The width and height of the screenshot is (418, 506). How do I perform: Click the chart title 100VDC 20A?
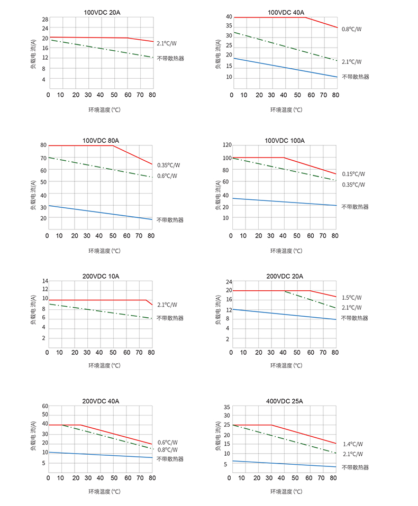coord(101,12)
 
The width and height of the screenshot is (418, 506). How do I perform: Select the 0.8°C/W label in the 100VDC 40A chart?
coord(351,29)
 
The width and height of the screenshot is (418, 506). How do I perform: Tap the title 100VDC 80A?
coord(101,141)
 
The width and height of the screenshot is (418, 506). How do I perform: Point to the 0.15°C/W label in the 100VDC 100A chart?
coord(353,174)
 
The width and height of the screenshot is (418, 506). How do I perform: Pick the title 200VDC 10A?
coord(101,276)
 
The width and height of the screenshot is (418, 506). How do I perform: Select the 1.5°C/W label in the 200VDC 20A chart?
coord(351,298)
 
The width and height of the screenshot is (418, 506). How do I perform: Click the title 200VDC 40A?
coord(101,401)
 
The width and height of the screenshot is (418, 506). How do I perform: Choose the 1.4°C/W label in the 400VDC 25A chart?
coord(352,445)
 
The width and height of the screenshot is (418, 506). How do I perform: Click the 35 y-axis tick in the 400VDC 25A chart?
coord(226,407)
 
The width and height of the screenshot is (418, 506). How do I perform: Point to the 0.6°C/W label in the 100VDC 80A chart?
coord(167,176)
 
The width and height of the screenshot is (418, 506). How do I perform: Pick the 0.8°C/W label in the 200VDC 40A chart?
coord(168,450)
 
